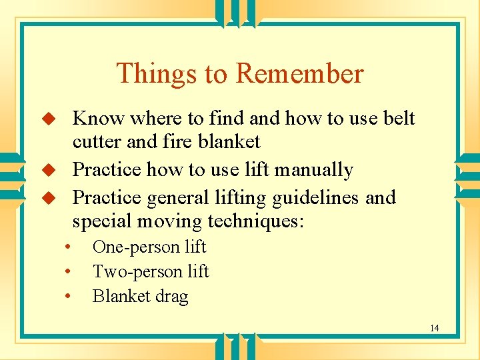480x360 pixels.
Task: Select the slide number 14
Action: click(x=434, y=328)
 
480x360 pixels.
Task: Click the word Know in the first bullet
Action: click(x=99, y=119)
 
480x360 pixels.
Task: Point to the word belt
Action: click(x=399, y=119)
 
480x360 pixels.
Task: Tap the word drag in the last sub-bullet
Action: click(x=171, y=297)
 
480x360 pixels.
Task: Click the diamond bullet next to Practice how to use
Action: click(x=47, y=170)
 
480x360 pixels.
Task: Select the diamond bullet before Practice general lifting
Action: click(x=47, y=198)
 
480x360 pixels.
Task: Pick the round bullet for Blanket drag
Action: click(x=68, y=297)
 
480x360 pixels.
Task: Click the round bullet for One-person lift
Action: click(x=68, y=247)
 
